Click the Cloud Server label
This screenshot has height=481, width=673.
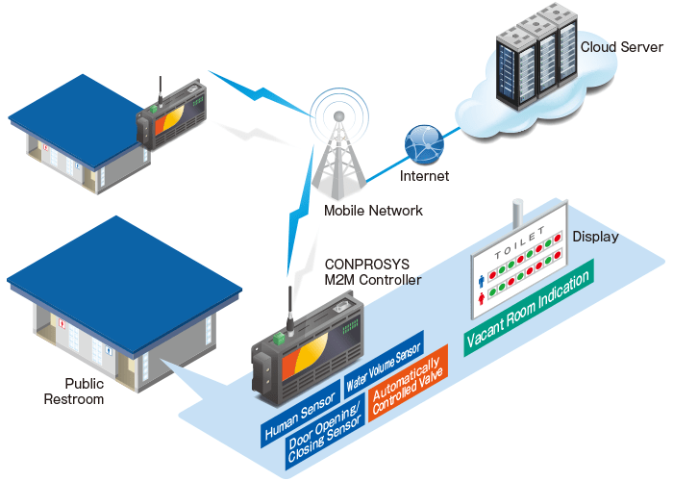pos(621,46)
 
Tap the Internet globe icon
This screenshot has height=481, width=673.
pos(424,145)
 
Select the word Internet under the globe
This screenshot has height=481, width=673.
pos(424,177)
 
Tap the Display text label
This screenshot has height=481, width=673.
pos(596,237)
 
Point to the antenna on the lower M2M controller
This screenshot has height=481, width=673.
pos(287,307)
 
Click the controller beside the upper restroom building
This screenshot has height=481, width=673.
pos(173,115)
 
